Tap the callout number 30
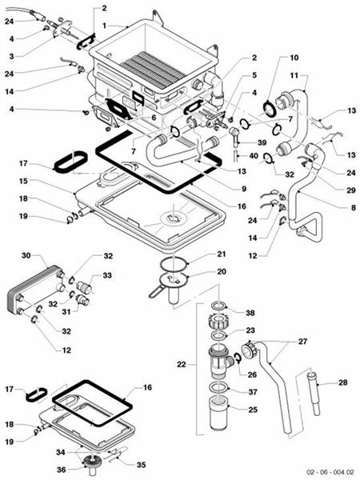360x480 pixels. tap(25, 256)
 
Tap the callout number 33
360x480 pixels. tap(107, 275)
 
